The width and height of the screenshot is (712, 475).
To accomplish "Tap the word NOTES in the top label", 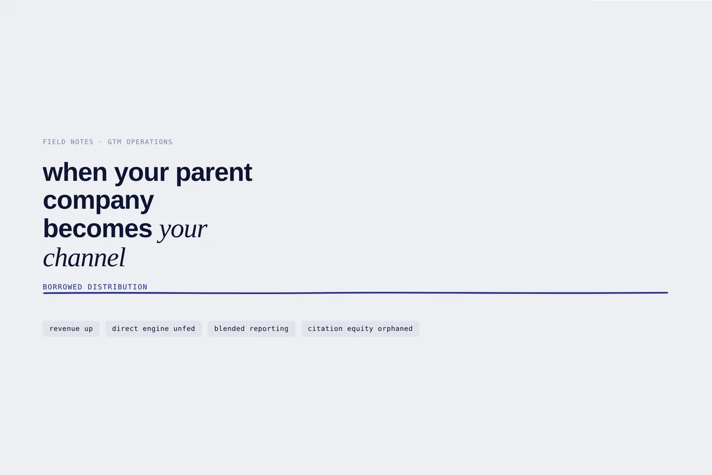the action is (x=82, y=142).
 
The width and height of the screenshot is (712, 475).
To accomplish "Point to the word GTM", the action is (x=115, y=142).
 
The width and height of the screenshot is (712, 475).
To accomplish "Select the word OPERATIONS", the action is (x=149, y=142).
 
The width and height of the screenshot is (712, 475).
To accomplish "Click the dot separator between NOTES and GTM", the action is (x=100, y=142).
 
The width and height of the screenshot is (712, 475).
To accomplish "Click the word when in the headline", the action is (x=75, y=172).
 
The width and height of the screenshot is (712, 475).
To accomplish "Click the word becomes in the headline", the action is (x=97, y=228).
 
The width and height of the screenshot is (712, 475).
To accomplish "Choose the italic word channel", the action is (x=84, y=257).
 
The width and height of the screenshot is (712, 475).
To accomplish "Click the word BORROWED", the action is (x=62, y=287).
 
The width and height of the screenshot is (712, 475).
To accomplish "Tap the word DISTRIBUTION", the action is (x=117, y=287).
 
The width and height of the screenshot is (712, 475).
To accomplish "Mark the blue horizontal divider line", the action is (x=355, y=292).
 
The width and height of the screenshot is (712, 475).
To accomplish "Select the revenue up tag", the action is (x=71, y=329).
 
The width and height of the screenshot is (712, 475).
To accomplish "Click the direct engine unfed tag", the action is (x=154, y=329).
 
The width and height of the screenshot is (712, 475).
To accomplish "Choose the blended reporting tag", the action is (x=252, y=329).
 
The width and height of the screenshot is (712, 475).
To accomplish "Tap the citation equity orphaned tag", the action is (x=360, y=329).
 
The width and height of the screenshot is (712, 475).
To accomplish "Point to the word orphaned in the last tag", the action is (x=395, y=329).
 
